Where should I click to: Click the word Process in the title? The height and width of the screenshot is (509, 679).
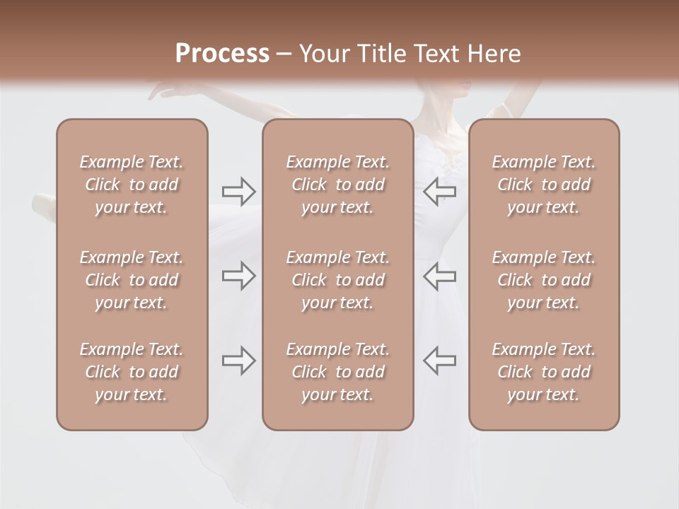click(222, 53)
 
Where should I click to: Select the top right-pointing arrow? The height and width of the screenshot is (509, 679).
click(239, 191)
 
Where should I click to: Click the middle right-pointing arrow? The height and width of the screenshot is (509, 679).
click(239, 276)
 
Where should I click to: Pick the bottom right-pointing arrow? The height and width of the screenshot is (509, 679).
click(239, 361)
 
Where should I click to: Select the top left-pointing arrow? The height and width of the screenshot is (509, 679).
click(439, 191)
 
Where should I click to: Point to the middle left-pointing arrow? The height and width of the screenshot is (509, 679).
click(439, 276)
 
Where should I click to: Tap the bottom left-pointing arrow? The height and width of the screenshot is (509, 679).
click(439, 361)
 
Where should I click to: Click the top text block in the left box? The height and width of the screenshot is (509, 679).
click(132, 185)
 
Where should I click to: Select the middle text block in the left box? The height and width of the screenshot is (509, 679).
click(132, 280)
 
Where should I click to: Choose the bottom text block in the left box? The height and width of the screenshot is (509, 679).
click(132, 372)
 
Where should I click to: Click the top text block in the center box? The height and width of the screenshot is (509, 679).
click(337, 185)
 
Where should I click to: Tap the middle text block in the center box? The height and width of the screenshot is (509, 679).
click(337, 280)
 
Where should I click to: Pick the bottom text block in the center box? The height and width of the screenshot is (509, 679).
click(337, 372)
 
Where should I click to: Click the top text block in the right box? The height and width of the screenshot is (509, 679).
click(543, 185)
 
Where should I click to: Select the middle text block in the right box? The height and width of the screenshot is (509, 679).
click(543, 280)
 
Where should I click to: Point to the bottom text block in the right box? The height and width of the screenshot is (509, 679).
click(543, 372)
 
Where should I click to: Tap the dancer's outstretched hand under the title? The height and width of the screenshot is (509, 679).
click(164, 90)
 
